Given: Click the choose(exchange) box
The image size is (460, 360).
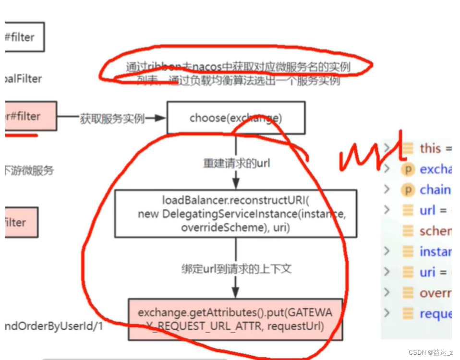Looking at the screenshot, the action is click(x=235, y=118).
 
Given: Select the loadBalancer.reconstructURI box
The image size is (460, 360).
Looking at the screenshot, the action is click(x=235, y=214).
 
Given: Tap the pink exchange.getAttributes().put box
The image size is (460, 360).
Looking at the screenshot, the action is click(x=235, y=319).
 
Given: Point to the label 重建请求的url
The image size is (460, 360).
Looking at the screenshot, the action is click(x=236, y=163).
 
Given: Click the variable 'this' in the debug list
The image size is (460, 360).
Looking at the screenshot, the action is click(x=430, y=148).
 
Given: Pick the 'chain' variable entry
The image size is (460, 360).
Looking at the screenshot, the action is click(x=435, y=190).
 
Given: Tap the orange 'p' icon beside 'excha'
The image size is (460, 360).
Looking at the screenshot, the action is click(x=408, y=169).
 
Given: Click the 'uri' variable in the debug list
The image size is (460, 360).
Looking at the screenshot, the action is click(x=427, y=272).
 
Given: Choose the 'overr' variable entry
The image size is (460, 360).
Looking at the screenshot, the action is click(x=435, y=293).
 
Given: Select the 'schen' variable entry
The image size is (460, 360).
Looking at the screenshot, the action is click(x=435, y=231).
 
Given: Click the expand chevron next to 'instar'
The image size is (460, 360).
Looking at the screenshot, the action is click(x=387, y=252).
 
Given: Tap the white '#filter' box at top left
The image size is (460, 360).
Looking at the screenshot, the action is click(x=25, y=37).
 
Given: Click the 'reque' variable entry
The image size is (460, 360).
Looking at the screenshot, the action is click(x=435, y=313).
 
